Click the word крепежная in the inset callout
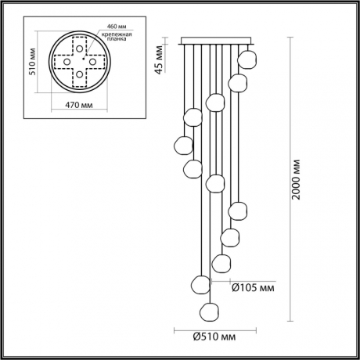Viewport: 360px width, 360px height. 115,36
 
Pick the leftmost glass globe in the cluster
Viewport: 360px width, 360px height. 183,146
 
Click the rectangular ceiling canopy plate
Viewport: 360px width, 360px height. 216,41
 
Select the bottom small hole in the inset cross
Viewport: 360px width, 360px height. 79,75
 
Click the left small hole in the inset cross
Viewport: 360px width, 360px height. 65,61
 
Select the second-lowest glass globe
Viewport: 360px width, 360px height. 196,282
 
